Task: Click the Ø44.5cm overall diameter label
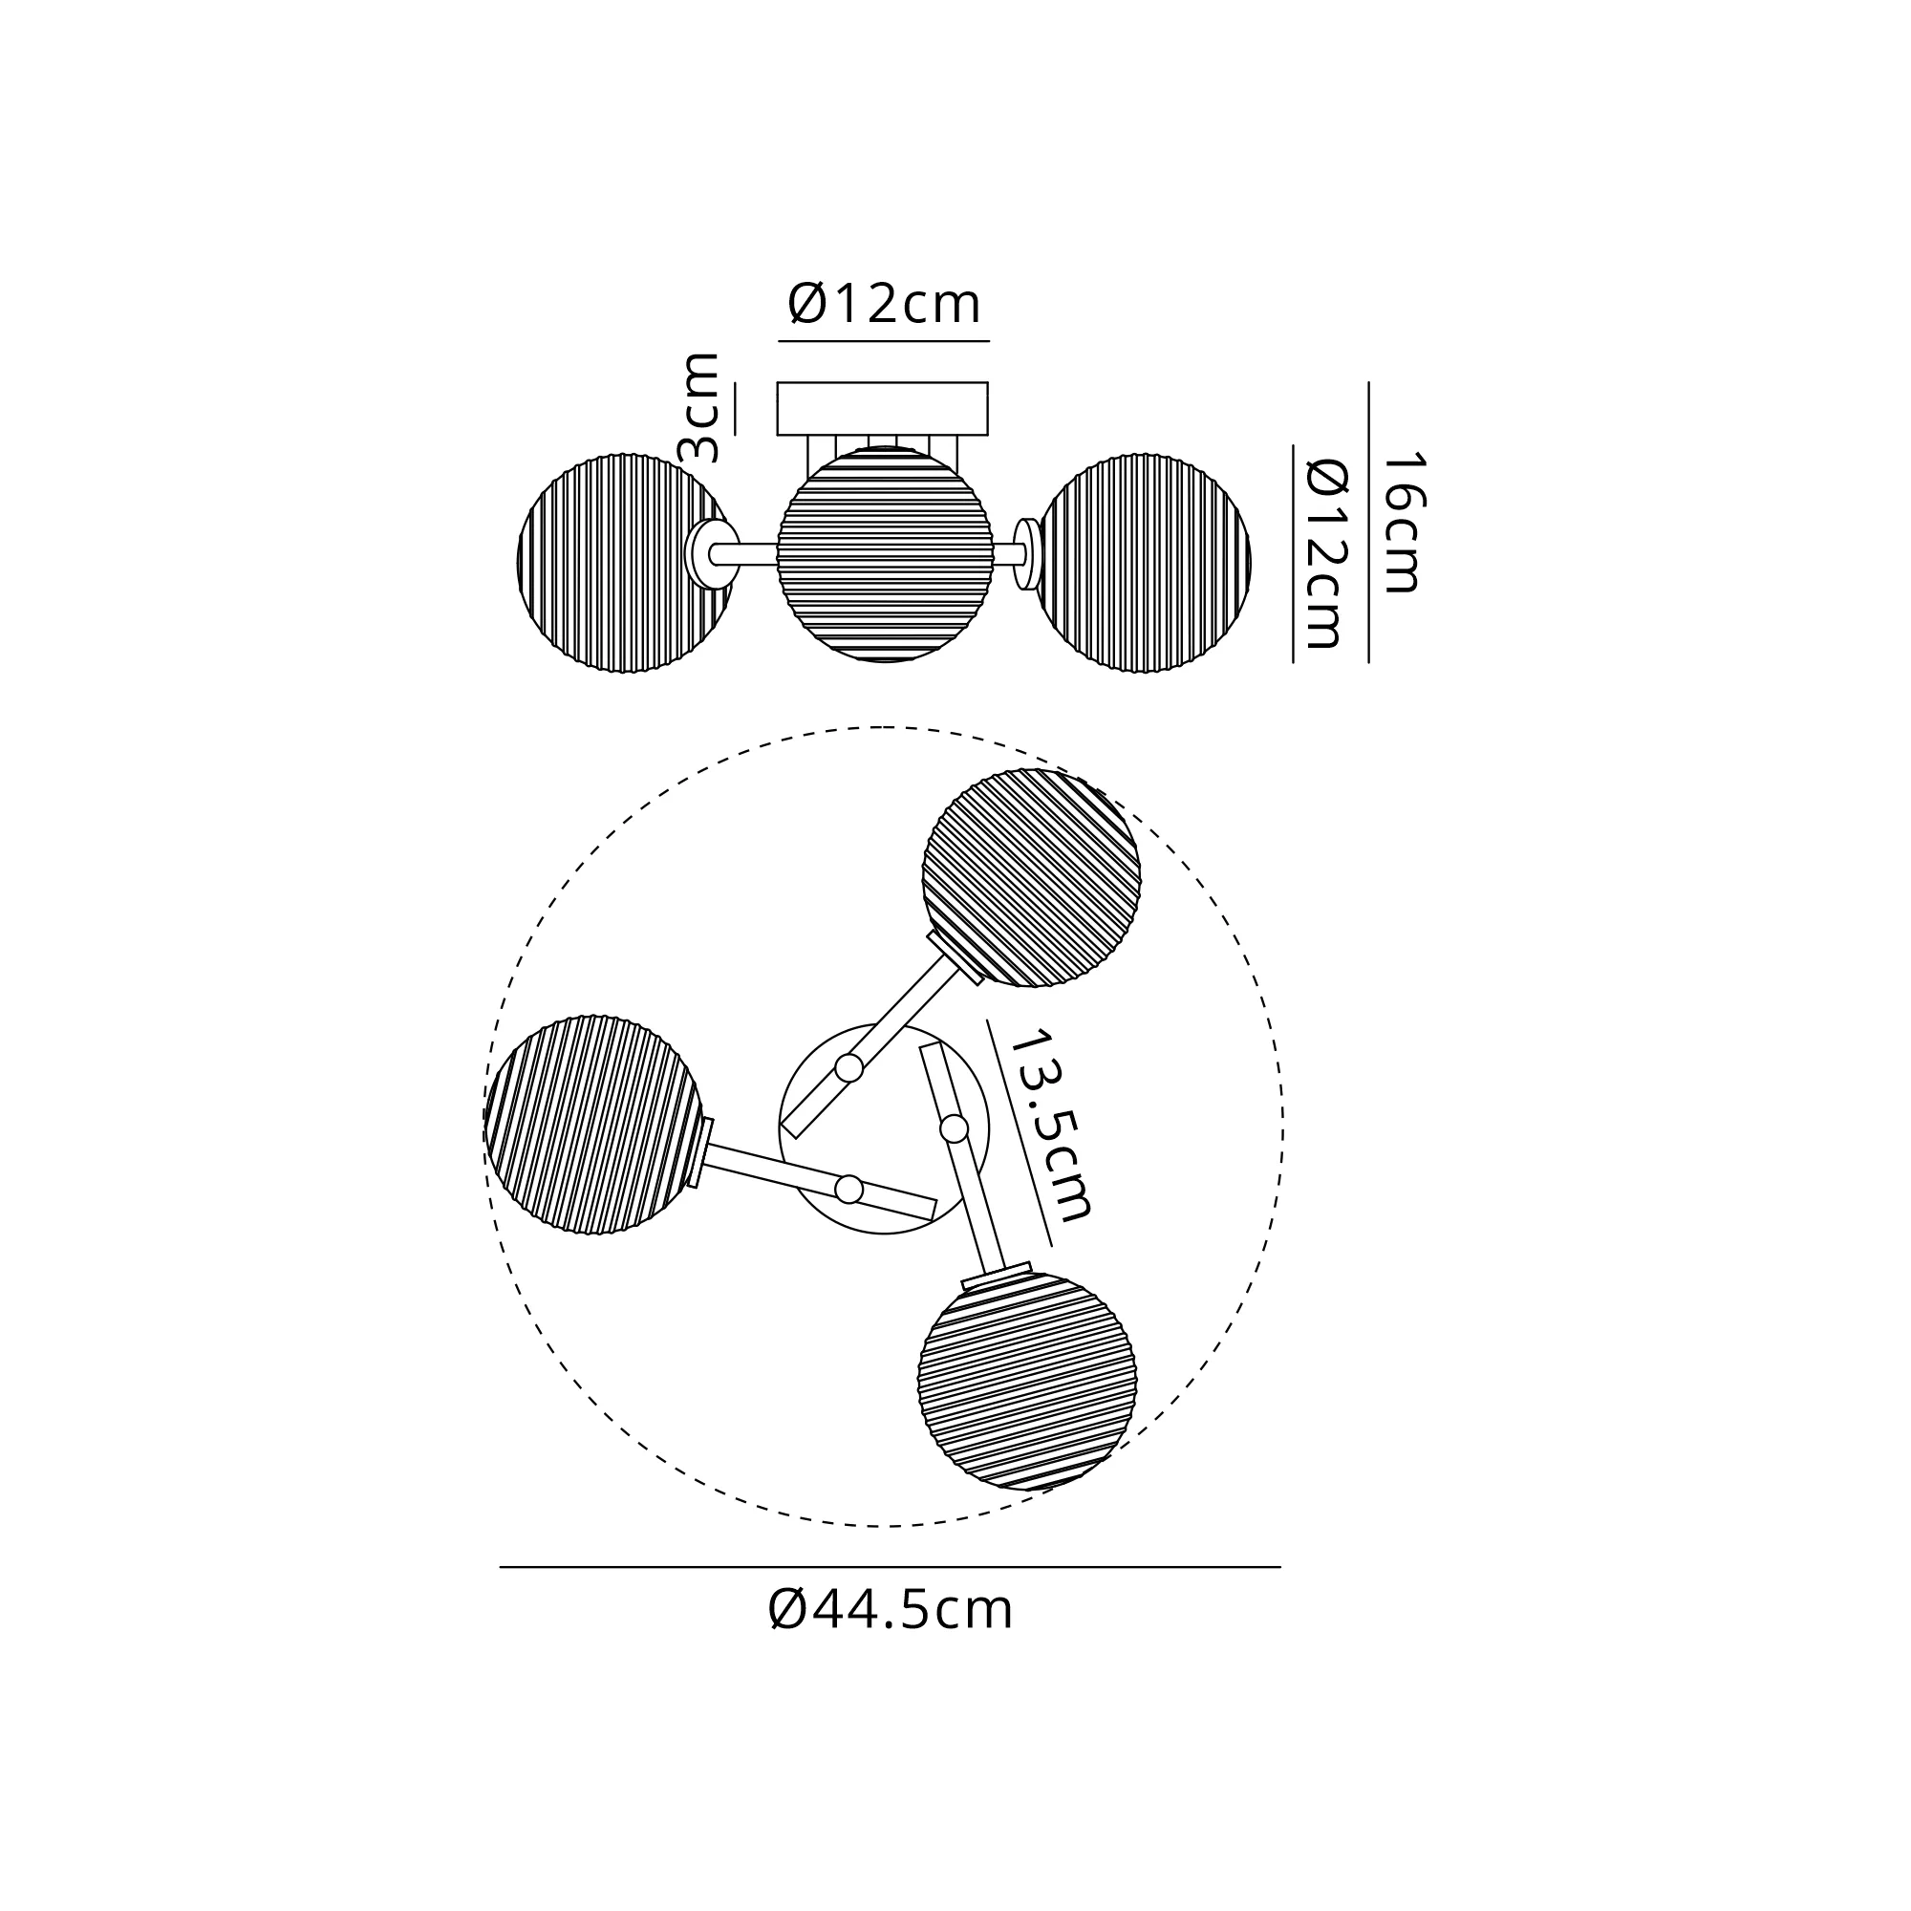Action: point(891,1610)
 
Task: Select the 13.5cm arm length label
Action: point(1050,1125)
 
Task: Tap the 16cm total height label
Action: point(1402,523)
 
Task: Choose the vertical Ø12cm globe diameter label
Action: point(1326,553)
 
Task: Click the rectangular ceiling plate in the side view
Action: point(882,409)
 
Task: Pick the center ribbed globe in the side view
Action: point(886,554)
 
